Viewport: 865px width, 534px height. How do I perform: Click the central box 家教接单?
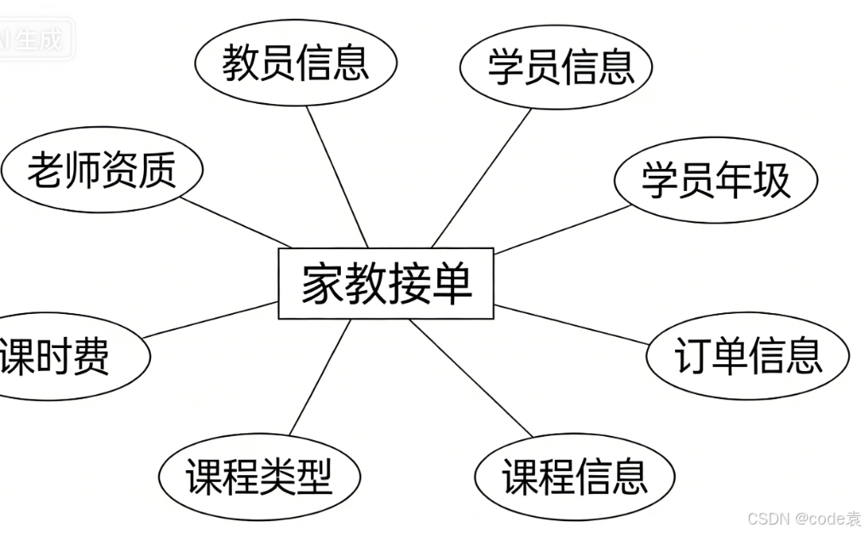[386, 283]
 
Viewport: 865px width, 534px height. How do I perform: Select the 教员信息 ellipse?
[296, 64]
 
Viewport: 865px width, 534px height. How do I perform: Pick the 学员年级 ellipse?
[715, 180]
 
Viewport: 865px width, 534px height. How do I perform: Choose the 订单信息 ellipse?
[747, 356]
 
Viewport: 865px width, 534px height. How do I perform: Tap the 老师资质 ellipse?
[101, 170]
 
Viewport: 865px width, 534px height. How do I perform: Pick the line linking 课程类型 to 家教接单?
[320, 377]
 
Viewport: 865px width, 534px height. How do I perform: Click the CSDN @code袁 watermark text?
[804, 519]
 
